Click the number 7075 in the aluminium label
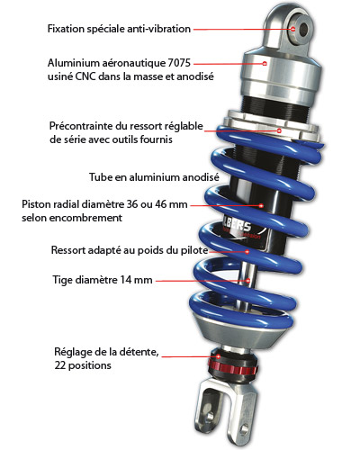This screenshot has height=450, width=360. click(179, 63)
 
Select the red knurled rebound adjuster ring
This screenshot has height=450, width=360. click(233, 366)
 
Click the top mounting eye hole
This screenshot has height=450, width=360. click(303, 29)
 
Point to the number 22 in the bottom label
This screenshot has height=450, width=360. click(59, 365)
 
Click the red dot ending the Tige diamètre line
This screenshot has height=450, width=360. click(248, 281)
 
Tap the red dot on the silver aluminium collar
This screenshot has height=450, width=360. click(265, 63)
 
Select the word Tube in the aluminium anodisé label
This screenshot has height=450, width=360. click(101, 177)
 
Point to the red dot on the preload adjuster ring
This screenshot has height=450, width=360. click(279, 130)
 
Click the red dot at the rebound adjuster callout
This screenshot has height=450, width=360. click(219, 356)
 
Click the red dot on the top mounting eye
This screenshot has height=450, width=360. click(292, 29)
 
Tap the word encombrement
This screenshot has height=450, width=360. click(85, 218)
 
